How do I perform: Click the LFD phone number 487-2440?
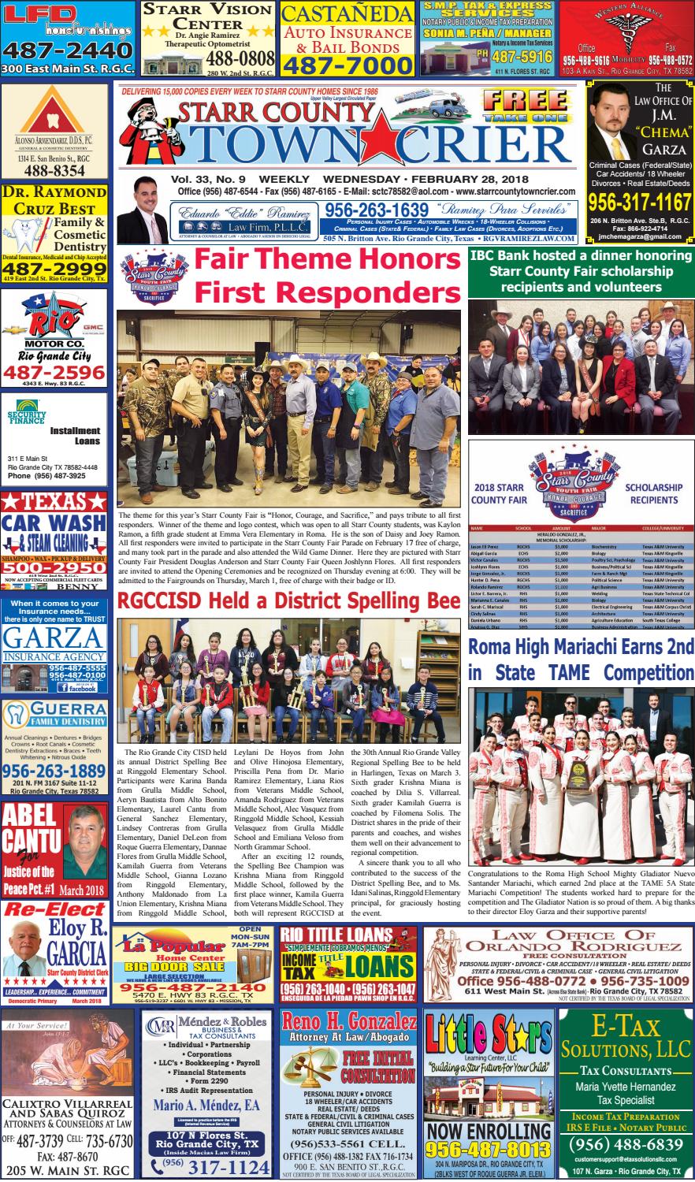pyautogui.click(x=66, y=50)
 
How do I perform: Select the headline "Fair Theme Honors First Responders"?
pyautogui.click(x=327, y=276)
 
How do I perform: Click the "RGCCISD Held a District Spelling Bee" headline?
pyautogui.click(x=288, y=601)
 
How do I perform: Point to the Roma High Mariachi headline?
pyautogui.click(x=581, y=660)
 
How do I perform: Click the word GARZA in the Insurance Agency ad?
pyautogui.click(x=54, y=640)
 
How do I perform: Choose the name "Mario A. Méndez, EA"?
pyautogui.click(x=205, y=1106)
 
